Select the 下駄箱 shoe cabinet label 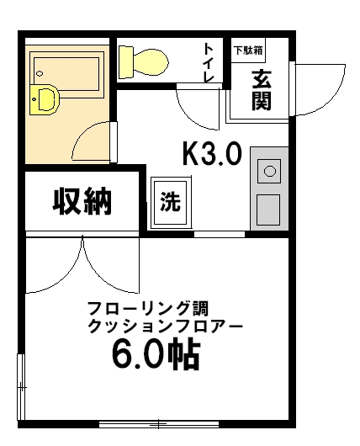click(248, 49)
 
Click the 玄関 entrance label click(260, 89)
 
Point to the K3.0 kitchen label click(212, 153)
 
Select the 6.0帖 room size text click(156, 354)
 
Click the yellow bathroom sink click(45, 99)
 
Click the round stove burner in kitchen click(270, 172)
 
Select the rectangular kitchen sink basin click(268, 208)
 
